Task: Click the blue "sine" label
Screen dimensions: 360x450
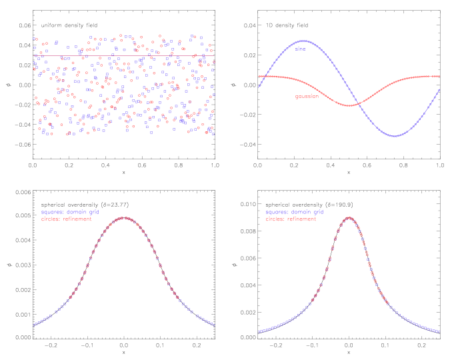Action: [x=301, y=49]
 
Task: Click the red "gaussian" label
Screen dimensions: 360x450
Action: [x=307, y=97]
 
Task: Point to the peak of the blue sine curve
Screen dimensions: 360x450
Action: [x=304, y=41]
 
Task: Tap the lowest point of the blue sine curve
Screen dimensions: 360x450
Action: [x=394, y=136]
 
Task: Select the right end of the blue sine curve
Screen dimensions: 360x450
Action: [x=440, y=89]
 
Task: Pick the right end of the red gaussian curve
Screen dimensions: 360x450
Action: [x=440, y=76]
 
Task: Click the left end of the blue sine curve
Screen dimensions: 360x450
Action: [x=259, y=87]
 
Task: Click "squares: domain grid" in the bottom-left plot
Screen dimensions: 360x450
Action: [x=70, y=212]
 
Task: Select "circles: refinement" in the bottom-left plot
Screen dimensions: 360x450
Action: [x=67, y=219]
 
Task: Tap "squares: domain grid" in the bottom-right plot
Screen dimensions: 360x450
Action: [x=295, y=212]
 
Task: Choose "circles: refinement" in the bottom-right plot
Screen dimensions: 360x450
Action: [x=291, y=219]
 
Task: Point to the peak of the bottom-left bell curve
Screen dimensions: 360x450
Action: [x=124, y=217]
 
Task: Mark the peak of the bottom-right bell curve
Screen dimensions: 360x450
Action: [x=349, y=217]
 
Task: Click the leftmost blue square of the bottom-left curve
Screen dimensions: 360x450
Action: [x=34, y=325]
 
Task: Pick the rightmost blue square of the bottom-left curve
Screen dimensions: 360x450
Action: [x=214, y=325]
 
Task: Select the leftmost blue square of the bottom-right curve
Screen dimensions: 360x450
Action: [x=259, y=331]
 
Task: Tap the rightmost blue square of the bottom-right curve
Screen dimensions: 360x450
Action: [x=439, y=331]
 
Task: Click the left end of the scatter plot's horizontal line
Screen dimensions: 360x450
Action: [x=34, y=55]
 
